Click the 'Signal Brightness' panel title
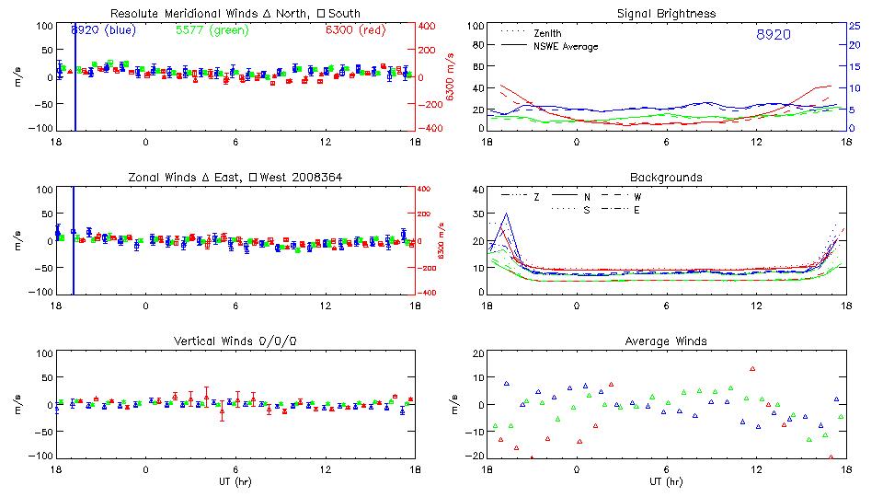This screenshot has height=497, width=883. pos(667,13)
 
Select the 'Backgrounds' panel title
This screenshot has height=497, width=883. pos(667,177)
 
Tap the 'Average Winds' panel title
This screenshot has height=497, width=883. pos(667,341)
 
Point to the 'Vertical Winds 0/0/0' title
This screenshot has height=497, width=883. pos(235,341)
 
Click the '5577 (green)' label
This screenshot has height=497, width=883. pos(210,29)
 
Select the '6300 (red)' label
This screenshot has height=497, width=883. pos(356,29)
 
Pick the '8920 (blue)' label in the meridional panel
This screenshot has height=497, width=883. pos(103,29)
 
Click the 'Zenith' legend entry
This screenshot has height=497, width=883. pos(547,33)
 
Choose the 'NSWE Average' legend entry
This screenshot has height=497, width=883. pos(566,46)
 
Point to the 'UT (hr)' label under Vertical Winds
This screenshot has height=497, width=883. pos(235,481)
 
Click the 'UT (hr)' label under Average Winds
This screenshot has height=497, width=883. pos(667,481)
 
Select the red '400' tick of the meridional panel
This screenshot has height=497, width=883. pos(429,26)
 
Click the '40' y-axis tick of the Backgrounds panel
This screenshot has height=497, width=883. pos(476,191)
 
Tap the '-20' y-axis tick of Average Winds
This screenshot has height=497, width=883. pos(474,456)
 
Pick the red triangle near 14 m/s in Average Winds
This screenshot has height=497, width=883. pos(752,369)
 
